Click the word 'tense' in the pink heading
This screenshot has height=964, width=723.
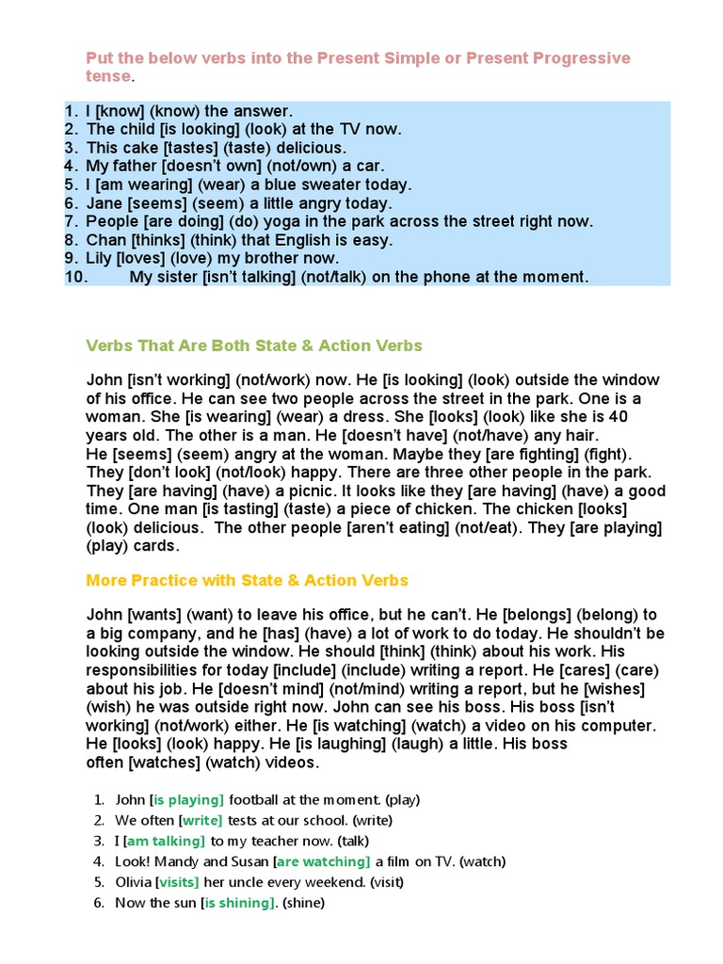pyautogui.click(x=108, y=75)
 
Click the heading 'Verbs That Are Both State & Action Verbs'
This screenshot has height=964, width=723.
pyautogui.click(x=254, y=345)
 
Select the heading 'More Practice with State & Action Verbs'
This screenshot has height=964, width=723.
pyautogui.click(x=248, y=580)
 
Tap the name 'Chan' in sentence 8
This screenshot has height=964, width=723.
pyautogui.click(x=106, y=240)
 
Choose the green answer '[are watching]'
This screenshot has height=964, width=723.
pyautogui.click(x=322, y=861)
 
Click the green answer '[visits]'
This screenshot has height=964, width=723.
pyautogui.click(x=177, y=882)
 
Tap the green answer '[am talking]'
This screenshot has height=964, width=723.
pyautogui.click(x=165, y=841)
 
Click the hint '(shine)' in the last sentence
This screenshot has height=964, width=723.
pyautogui.click(x=301, y=903)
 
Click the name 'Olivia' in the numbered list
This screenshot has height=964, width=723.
pyautogui.click(x=133, y=882)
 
